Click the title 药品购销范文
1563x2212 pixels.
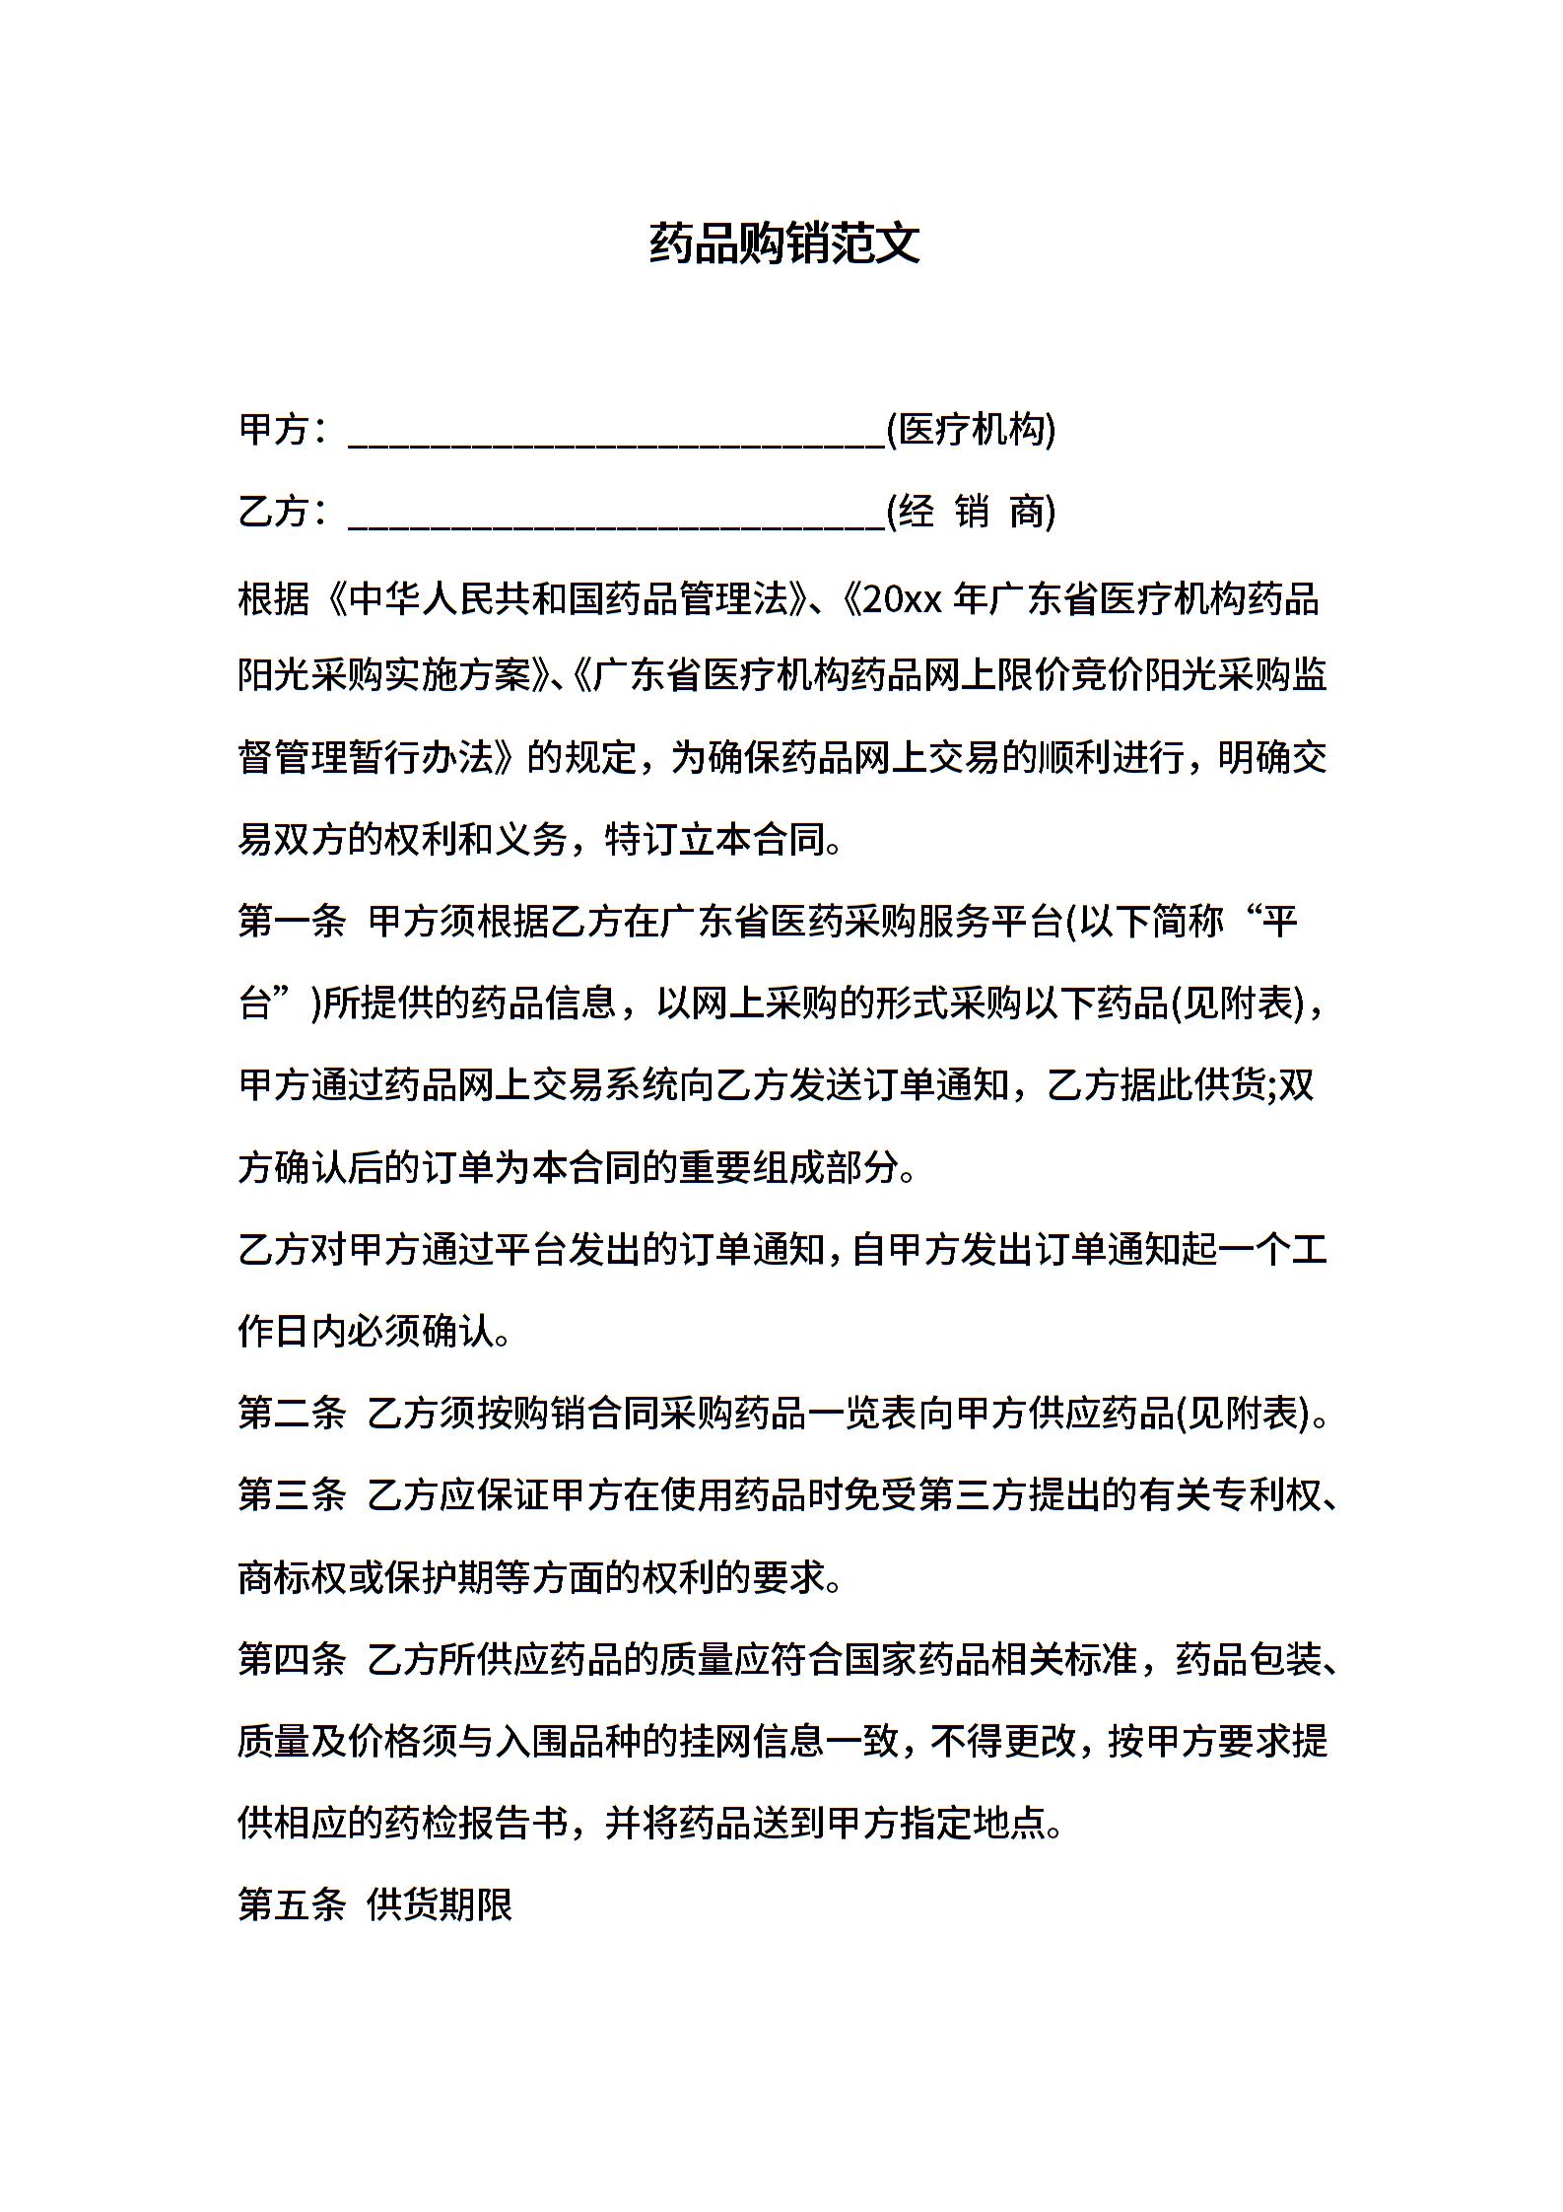784,243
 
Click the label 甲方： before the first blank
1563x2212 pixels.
283,430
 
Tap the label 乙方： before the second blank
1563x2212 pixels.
283,512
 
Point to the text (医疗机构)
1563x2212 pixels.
971,430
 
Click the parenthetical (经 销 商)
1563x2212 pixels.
971,512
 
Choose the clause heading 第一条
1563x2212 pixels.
292,922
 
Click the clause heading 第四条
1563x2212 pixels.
292,1659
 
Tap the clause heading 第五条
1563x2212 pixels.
292,1904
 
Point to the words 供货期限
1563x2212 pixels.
440,1904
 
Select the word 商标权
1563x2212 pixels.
292,1577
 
